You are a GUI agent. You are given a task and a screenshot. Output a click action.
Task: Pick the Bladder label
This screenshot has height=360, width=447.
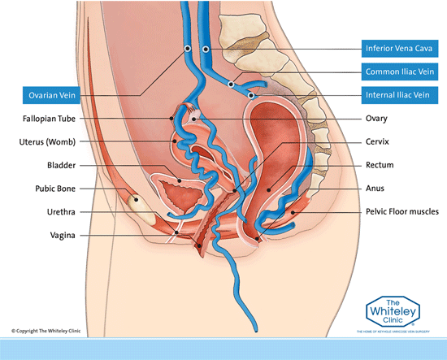62,166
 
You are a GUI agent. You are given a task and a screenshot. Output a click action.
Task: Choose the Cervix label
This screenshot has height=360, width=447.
378,142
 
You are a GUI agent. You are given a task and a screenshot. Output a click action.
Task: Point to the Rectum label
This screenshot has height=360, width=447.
380,166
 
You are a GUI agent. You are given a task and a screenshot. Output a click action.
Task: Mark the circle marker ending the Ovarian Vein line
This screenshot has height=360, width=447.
187,49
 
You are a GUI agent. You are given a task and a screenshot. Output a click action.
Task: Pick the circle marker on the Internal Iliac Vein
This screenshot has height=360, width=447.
252,95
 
